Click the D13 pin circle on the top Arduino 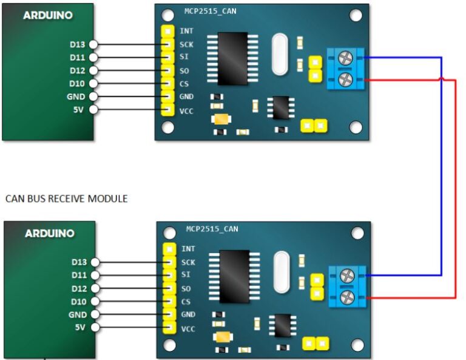click(x=93, y=44)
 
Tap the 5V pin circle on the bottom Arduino click(x=95, y=327)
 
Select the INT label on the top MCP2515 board click(x=186, y=31)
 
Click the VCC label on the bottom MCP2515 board click(x=188, y=329)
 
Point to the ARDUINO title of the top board click(x=48, y=15)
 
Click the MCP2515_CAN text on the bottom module click(x=212, y=229)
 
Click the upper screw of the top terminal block click(x=345, y=58)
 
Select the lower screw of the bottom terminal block click(x=347, y=297)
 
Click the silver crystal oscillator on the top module click(x=280, y=55)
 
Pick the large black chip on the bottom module click(x=234, y=277)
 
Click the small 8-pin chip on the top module click(x=281, y=107)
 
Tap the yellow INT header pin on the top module click(x=167, y=31)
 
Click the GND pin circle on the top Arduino click(x=93, y=97)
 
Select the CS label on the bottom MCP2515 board click(x=186, y=302)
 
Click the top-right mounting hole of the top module click(x=356, y=15)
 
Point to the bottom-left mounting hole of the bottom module click(x=169, y=345)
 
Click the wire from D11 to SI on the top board click(x=130, y=58)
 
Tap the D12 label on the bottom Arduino click(x=79, y=288)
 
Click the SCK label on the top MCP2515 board click(x=186, y=44)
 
